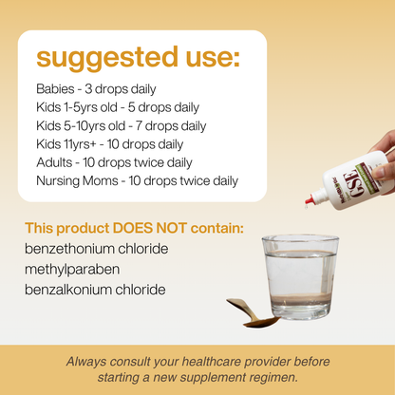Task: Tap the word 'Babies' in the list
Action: click(55, 89)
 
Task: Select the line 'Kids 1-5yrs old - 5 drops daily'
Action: click(118, 107)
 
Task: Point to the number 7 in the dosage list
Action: click(139, 126)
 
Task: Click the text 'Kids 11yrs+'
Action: click(66, 144)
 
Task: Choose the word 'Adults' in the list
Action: click(54, 162)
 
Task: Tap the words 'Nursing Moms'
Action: click(77, 181)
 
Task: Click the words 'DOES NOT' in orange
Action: click(150, 228)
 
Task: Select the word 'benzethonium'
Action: click(69, 249)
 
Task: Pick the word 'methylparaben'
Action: click(72, 270)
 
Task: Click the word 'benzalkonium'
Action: click(67, 290)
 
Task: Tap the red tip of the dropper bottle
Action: click(310, 199)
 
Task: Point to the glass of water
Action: click(300, 277)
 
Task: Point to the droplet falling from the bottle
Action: click(307, 207)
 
